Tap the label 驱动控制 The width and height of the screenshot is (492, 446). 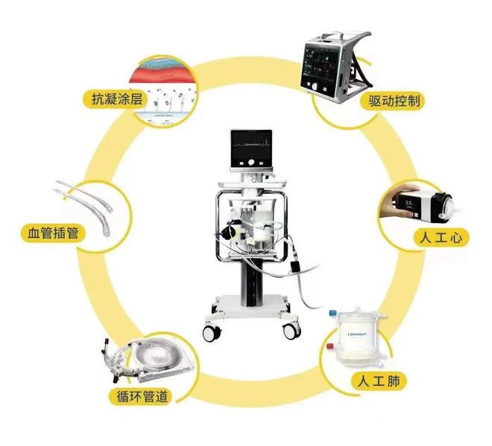pyautogui.click(x=394, y=101)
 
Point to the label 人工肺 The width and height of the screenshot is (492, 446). pyautogui.click(x=378, y=382)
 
